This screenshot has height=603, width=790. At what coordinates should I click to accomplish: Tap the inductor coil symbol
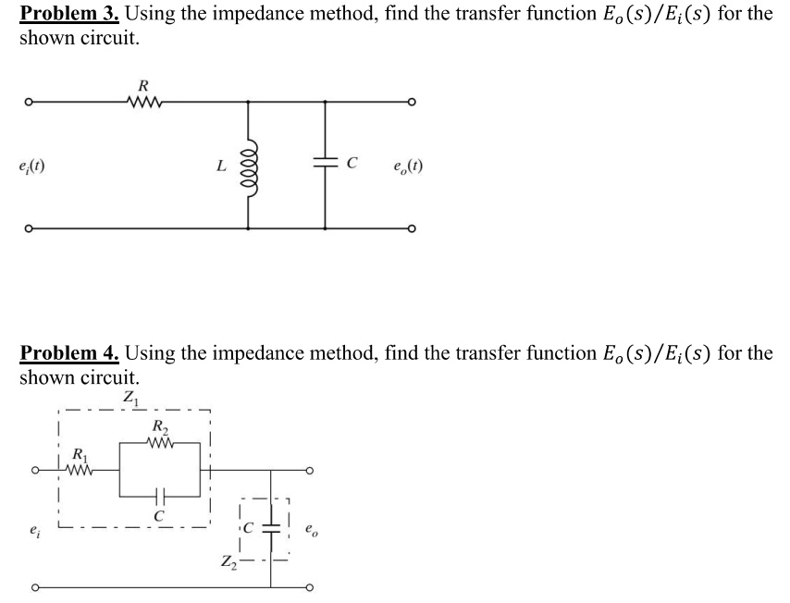(249, 166)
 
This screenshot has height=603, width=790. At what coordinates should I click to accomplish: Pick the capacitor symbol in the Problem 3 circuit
(325, 166)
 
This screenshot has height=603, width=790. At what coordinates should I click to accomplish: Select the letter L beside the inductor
(220, 167)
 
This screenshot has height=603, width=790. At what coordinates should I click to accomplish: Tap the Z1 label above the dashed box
(129, 399)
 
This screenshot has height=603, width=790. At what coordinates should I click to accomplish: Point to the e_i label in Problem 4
(34, 531)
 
